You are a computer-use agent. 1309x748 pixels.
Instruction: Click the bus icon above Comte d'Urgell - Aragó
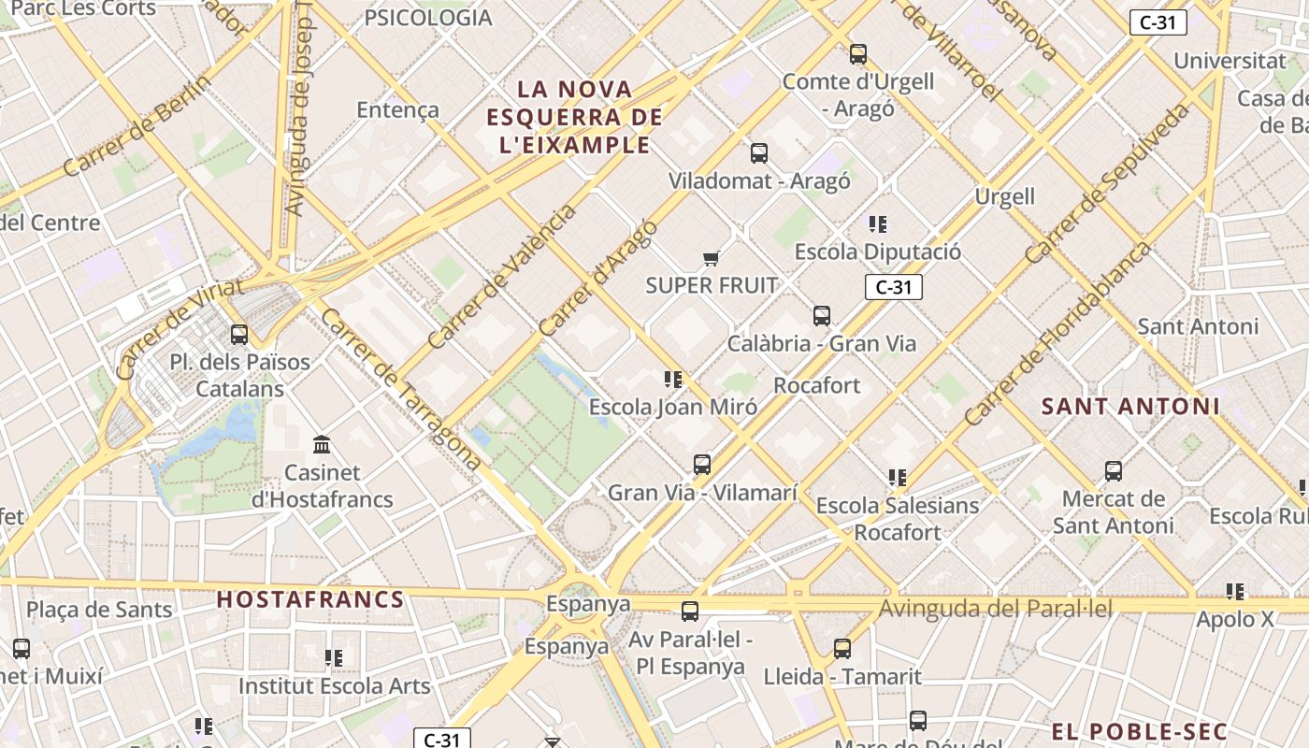pos(858,54)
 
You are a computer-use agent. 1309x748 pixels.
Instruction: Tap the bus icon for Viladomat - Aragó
pos(759,152)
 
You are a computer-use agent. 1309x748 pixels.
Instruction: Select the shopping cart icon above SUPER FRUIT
pos(712,258)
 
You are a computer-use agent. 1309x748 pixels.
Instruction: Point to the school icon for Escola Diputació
pos(877,223)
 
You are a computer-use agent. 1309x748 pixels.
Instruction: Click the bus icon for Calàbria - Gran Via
pos(822,316)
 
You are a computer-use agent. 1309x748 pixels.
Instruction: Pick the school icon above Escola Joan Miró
pos(673,379)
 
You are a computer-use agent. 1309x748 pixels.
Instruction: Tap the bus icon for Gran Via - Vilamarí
pos(702,464)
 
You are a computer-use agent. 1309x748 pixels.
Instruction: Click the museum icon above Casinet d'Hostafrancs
pos(323,444)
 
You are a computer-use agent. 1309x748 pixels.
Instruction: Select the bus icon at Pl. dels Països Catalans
pos(239,334)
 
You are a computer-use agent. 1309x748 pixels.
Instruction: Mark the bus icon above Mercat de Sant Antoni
pos(1114,470)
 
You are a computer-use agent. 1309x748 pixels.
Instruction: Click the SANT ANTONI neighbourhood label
pos(1130,407)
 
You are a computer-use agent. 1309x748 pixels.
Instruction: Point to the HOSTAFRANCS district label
pos(310,600)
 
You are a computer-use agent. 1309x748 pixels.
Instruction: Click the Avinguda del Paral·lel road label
pos(996,610)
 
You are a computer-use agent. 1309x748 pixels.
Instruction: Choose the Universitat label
pos(1230,61)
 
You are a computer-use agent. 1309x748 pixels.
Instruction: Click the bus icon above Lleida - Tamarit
pos(842,648)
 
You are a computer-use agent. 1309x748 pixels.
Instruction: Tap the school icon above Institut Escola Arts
pos(334,658)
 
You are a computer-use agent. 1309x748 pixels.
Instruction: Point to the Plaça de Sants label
pos(99,611)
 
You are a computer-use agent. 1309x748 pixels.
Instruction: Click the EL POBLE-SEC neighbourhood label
pos(1139,732)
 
